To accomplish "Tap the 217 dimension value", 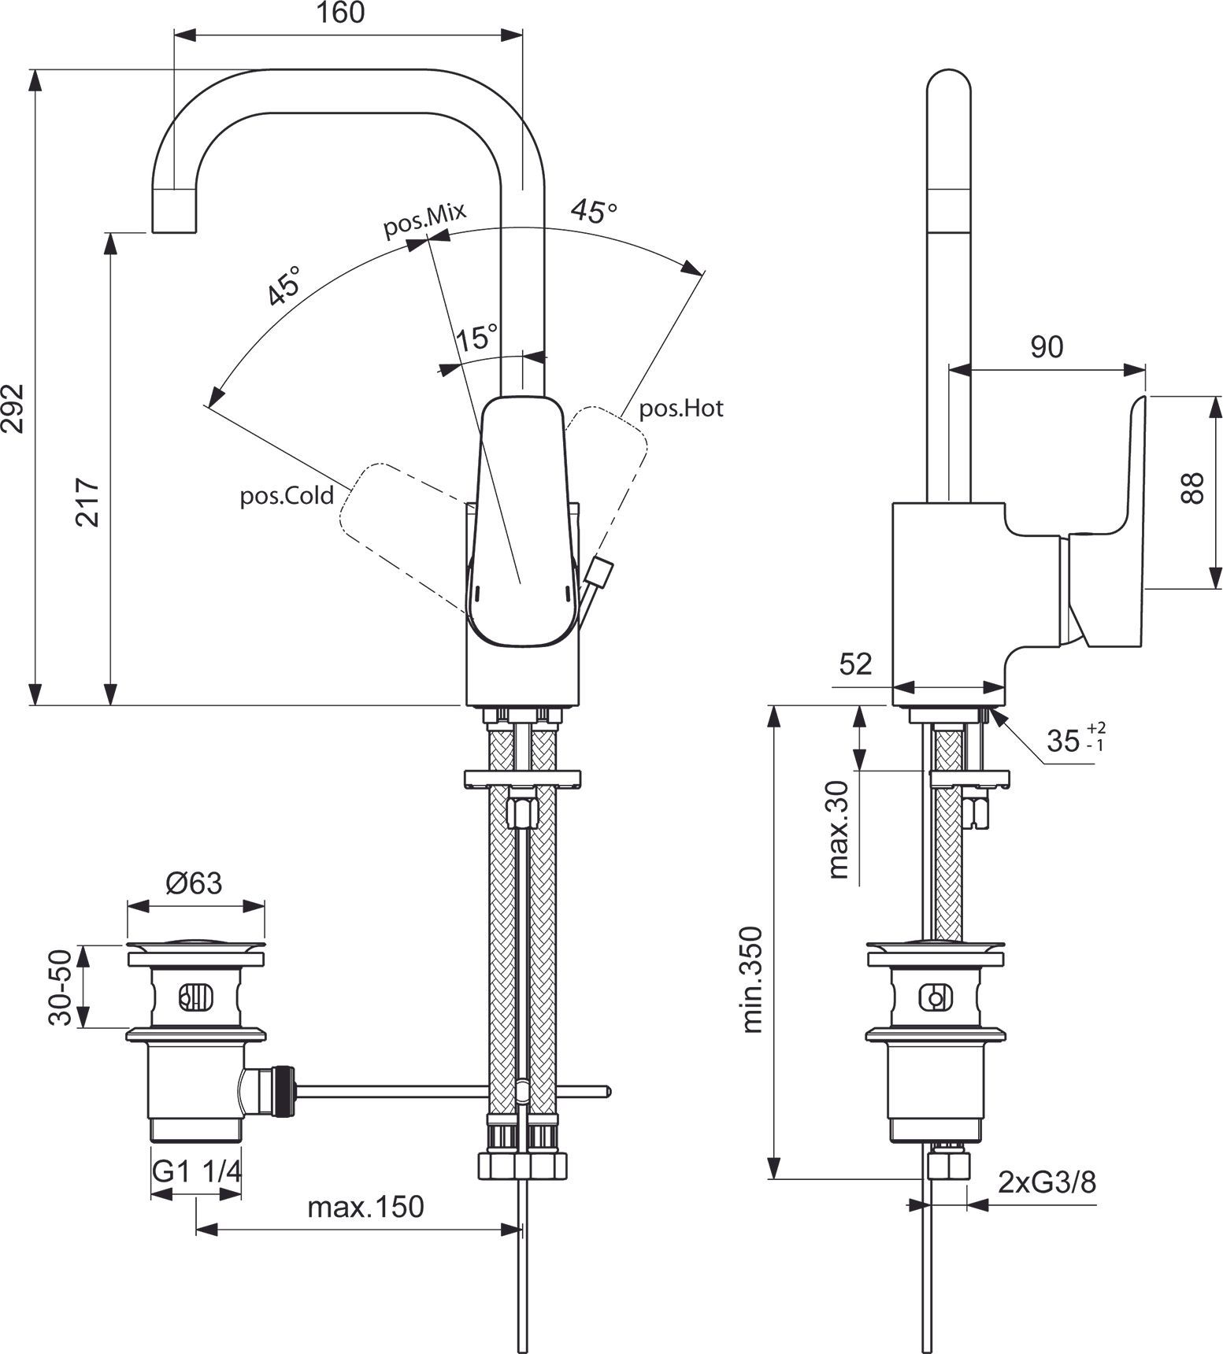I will point(87,501).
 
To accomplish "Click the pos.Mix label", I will point(425,219).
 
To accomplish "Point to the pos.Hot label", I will point(680,409).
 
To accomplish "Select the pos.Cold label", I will point(287,497).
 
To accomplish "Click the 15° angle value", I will point(477,338).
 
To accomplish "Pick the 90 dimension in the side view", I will point(1047,346).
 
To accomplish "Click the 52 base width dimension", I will point(855,664).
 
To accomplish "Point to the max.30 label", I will point(839,829).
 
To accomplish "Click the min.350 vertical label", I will point(753,980).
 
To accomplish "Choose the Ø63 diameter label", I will point(194,883).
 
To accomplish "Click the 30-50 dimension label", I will point(61,987).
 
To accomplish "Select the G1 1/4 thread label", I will point(196,1173).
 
